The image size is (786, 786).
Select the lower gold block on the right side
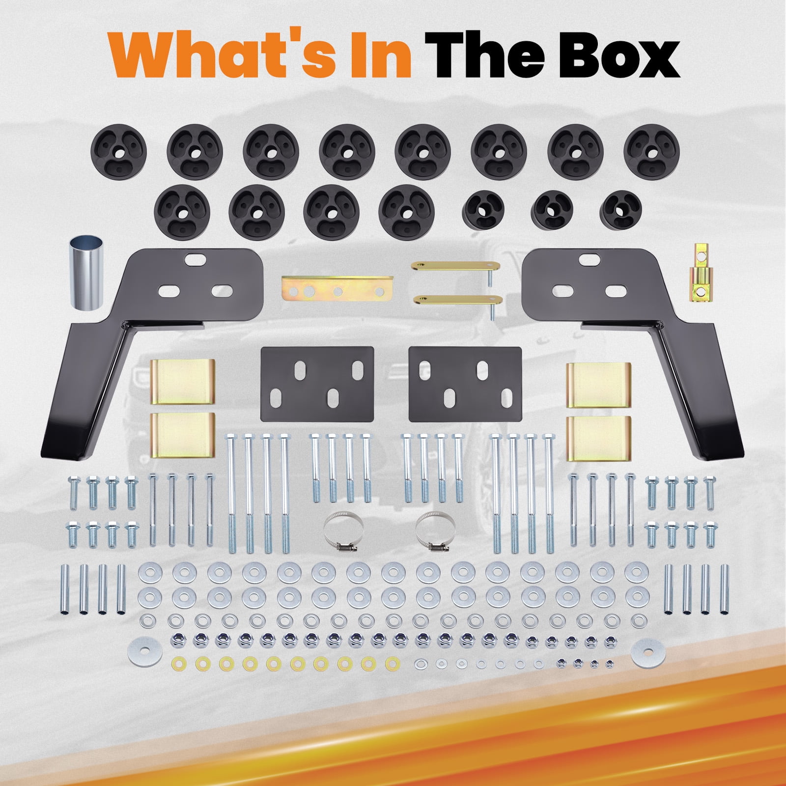point(598,438)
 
